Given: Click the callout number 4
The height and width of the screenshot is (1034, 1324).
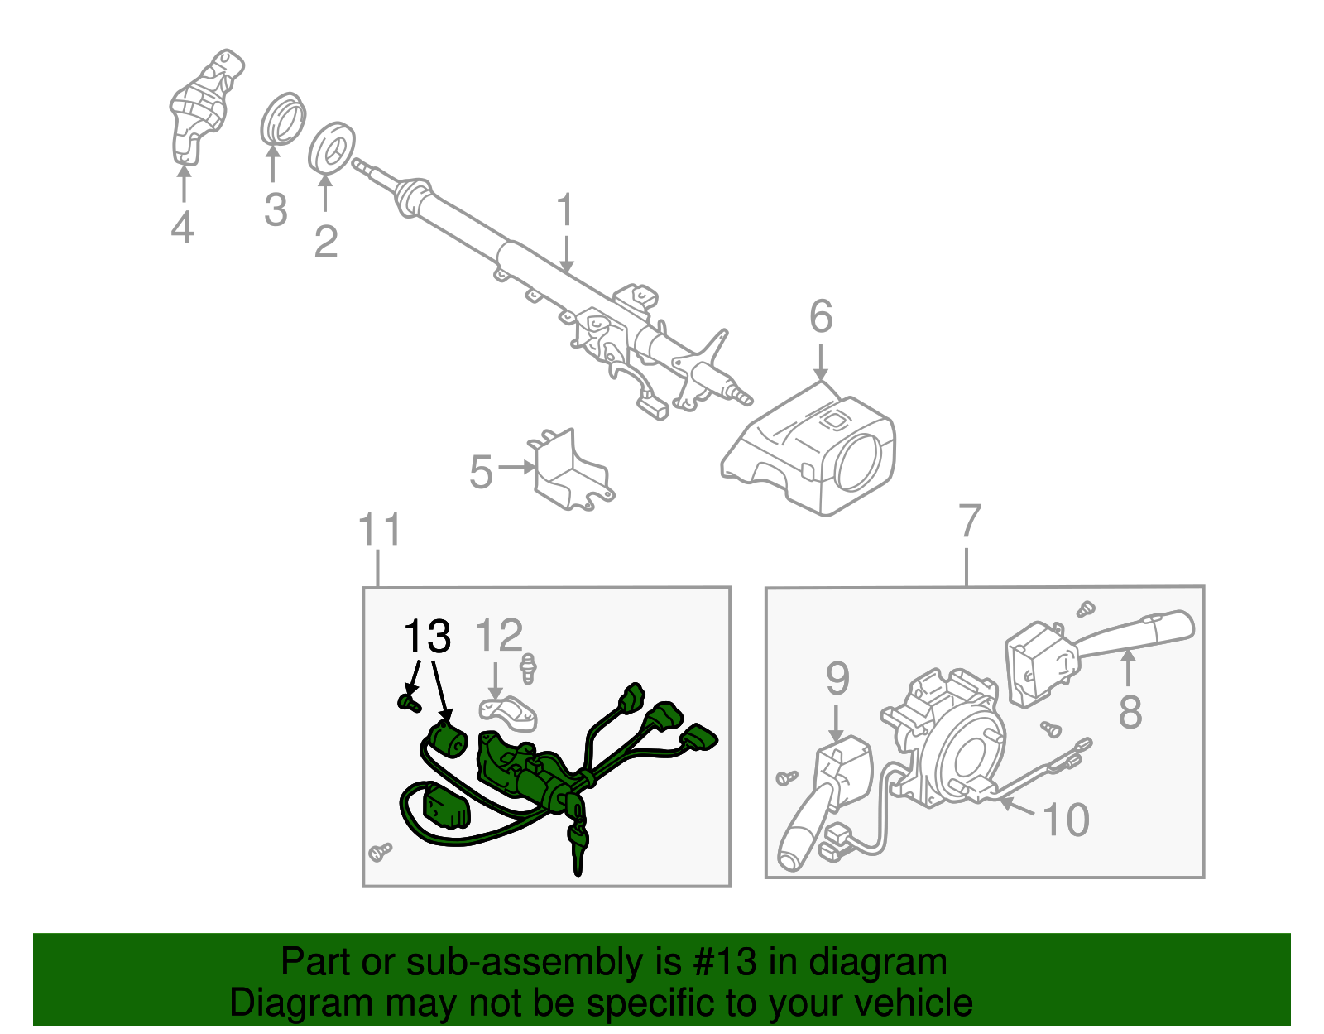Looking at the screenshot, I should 182,227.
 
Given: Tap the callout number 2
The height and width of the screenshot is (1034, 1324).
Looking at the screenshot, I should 326,241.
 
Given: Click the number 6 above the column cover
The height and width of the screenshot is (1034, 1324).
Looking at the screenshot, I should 821,316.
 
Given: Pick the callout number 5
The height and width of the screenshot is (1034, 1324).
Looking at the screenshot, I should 481,473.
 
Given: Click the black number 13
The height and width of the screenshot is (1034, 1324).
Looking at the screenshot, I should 427,637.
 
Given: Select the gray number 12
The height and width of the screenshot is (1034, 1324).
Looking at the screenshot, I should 499,636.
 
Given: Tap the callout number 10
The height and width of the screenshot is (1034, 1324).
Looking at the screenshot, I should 1066,820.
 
